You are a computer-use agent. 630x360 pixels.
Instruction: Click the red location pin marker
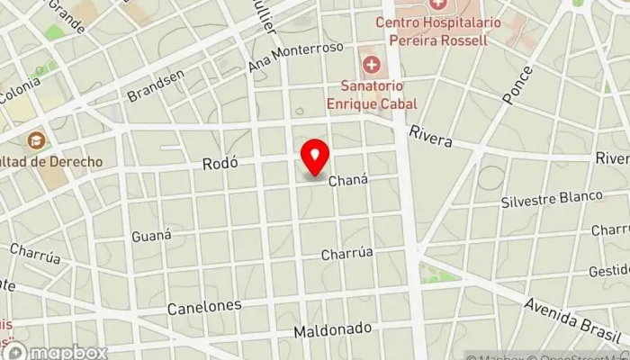tap(315, 158)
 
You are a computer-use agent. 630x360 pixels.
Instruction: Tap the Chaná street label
tap(349, 181)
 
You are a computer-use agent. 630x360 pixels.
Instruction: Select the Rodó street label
tap(220, 164)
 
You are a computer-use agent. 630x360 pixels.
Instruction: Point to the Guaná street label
tap(151, 236)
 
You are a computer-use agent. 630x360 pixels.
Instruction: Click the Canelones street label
tap(204, 307)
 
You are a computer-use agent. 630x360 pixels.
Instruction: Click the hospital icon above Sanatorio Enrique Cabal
tap(371, 65)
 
